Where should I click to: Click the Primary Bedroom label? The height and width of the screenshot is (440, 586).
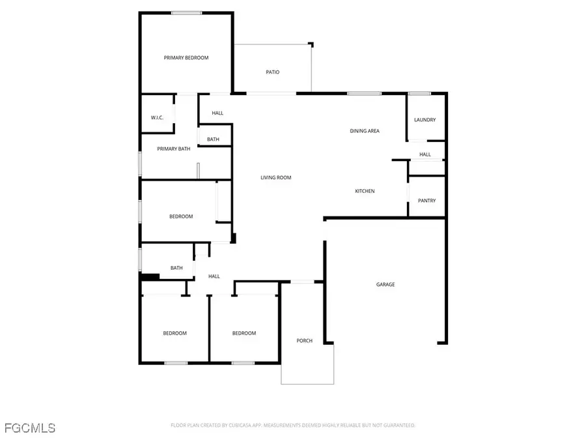(186, 58)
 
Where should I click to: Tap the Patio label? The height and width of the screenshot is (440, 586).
(272, 72)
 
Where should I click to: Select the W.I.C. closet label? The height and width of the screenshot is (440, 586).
(157, 117)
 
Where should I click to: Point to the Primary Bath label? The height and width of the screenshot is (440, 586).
(174, 149)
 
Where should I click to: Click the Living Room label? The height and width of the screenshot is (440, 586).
(275, 177)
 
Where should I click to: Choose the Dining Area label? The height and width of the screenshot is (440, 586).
(365, 131)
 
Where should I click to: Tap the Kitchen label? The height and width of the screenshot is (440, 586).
(365, 191)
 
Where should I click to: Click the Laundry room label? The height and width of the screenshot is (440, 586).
(425, 120)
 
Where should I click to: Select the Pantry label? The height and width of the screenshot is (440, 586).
(426, 201)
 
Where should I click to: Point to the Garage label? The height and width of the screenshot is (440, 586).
(385, 284)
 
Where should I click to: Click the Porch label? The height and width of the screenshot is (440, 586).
(304, 341)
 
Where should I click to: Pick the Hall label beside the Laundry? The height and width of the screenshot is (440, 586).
(425, 154)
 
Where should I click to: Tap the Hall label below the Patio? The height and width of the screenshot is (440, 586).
(217, 113)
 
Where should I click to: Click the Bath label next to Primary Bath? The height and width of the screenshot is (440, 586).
(213, 139)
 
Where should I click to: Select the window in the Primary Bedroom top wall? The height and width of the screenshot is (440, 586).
(186, 12)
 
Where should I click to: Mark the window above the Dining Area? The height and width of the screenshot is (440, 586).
(364, 94)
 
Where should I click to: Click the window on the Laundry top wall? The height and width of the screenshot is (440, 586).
(420, 94)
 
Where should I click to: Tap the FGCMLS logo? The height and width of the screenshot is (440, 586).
(30, 428)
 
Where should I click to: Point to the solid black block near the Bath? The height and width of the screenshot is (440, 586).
(150, 277)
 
